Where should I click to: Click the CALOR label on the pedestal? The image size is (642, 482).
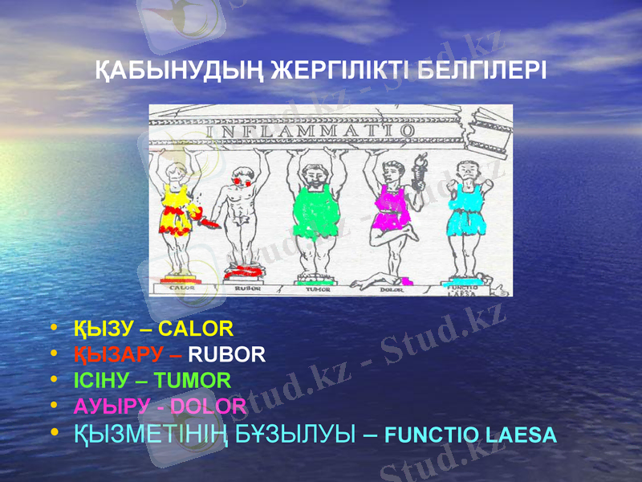pos(181,287)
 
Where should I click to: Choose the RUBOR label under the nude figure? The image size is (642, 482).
pos(247,288)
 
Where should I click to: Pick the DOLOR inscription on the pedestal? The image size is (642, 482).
pos(391,288)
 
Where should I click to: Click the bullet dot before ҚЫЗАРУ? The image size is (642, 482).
pos(54,353)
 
